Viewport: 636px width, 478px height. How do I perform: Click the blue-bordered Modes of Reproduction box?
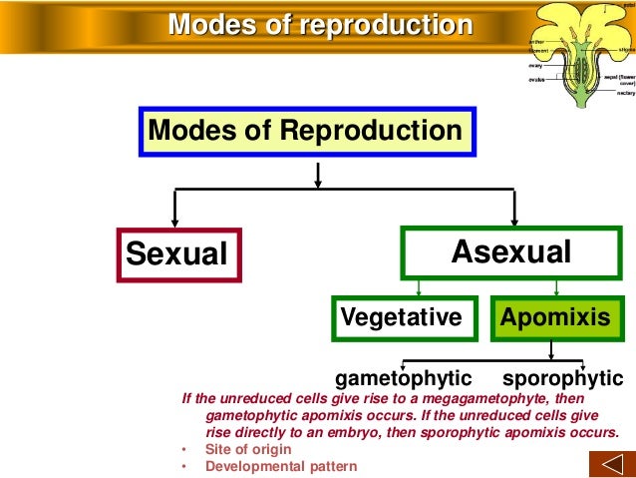(x=305, y=131)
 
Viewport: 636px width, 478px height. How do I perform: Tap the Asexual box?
(x=510, y=252)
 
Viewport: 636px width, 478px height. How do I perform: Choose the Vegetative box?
(x=402, y=317)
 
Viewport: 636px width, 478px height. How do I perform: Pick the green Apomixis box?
(x=554, y=317)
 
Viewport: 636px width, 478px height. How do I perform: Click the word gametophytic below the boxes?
(x=403, y=379)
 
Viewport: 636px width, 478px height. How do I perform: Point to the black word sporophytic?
(x=562, y=379)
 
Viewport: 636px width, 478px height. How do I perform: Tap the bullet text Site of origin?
(x=248, y=449)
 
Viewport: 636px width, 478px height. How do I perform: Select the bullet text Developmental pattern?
(x=280, y=465)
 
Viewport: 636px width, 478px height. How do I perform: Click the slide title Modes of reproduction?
(x=319, y=24)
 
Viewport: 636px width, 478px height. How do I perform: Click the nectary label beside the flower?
(x=626, y=93)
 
